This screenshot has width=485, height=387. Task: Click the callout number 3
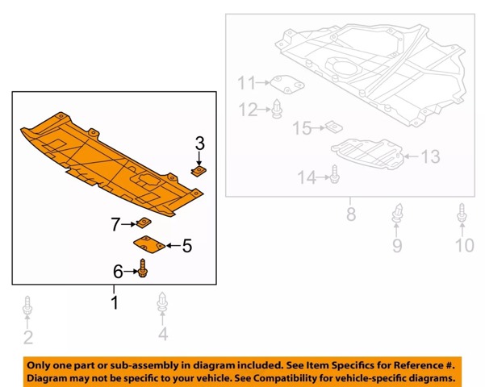pos(200,144)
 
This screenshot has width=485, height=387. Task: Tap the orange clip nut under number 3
pos(199,171)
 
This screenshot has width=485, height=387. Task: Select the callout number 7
pos(115,224)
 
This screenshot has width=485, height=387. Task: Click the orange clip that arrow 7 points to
pos(144,223)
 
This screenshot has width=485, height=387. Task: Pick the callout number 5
pos(187,246)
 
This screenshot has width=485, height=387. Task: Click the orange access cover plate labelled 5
pos(149,244)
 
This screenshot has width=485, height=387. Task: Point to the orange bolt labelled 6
pos(143,268)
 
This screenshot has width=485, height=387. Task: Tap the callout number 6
pos(118,272)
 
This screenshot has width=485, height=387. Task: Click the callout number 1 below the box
pos(115,302)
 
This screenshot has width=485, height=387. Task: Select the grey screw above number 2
pos(27,306)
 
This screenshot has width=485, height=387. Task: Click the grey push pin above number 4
pos(162,302)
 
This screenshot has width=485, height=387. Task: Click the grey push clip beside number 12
pos(278,109)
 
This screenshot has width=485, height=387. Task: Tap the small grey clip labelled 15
pos(334,127)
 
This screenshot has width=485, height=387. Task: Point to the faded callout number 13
pos(431,156)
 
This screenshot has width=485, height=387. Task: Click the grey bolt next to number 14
pos(334,175)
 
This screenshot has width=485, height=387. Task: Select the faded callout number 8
pos(351,214)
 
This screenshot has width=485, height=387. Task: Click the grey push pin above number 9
pos(398,213)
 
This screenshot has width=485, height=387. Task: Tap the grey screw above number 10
pos(462,213)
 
